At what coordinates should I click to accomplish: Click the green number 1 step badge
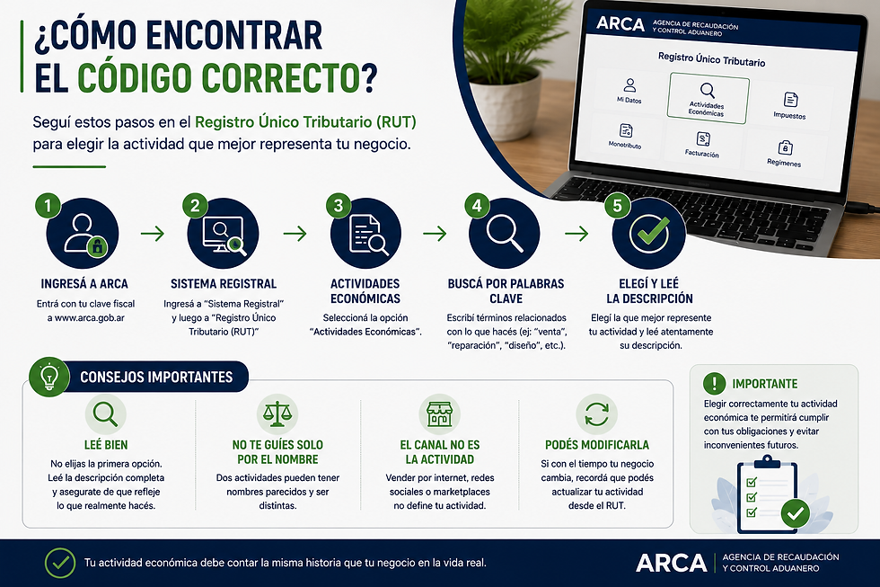pyautogui.click(x=48, y=206)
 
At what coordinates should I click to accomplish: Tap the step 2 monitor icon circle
pyautogui.click(x=224, y=234)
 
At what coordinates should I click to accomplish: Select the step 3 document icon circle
pyautogui.click(x=366, y=234)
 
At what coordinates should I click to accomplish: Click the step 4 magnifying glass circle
pyautogui.click(x=504, y=234)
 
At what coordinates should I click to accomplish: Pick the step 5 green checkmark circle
pyautogui.click(x=649, y=234)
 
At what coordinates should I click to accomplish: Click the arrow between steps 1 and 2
pyautogui.click(x=153, y=233)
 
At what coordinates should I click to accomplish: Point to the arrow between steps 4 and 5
pyautogui.click(x=576, y=233)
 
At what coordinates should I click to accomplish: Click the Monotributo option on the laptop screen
pyautogui.click(x=625, y=136)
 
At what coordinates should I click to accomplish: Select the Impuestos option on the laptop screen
pyautogui.click(x=789, y=105)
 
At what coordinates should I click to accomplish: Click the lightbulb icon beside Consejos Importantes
pyautogui.click(x=49, y=377)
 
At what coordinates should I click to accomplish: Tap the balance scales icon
pyautogui.click(x=277, y=414)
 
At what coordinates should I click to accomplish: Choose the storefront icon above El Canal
pyautogui.click(x=439, y=414)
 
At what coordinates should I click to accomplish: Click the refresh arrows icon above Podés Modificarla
pyautogui.click(x=596, y=414)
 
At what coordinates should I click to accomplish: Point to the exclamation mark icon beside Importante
pyautogui.click(x=714, y=384)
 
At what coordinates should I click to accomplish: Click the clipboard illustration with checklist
pyautogui.click(x=769, y=494)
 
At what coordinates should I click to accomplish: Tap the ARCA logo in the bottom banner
pyautogui.click(x=672, y=563)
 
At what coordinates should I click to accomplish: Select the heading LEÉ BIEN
pyautogui.click(x=106, y=445)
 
